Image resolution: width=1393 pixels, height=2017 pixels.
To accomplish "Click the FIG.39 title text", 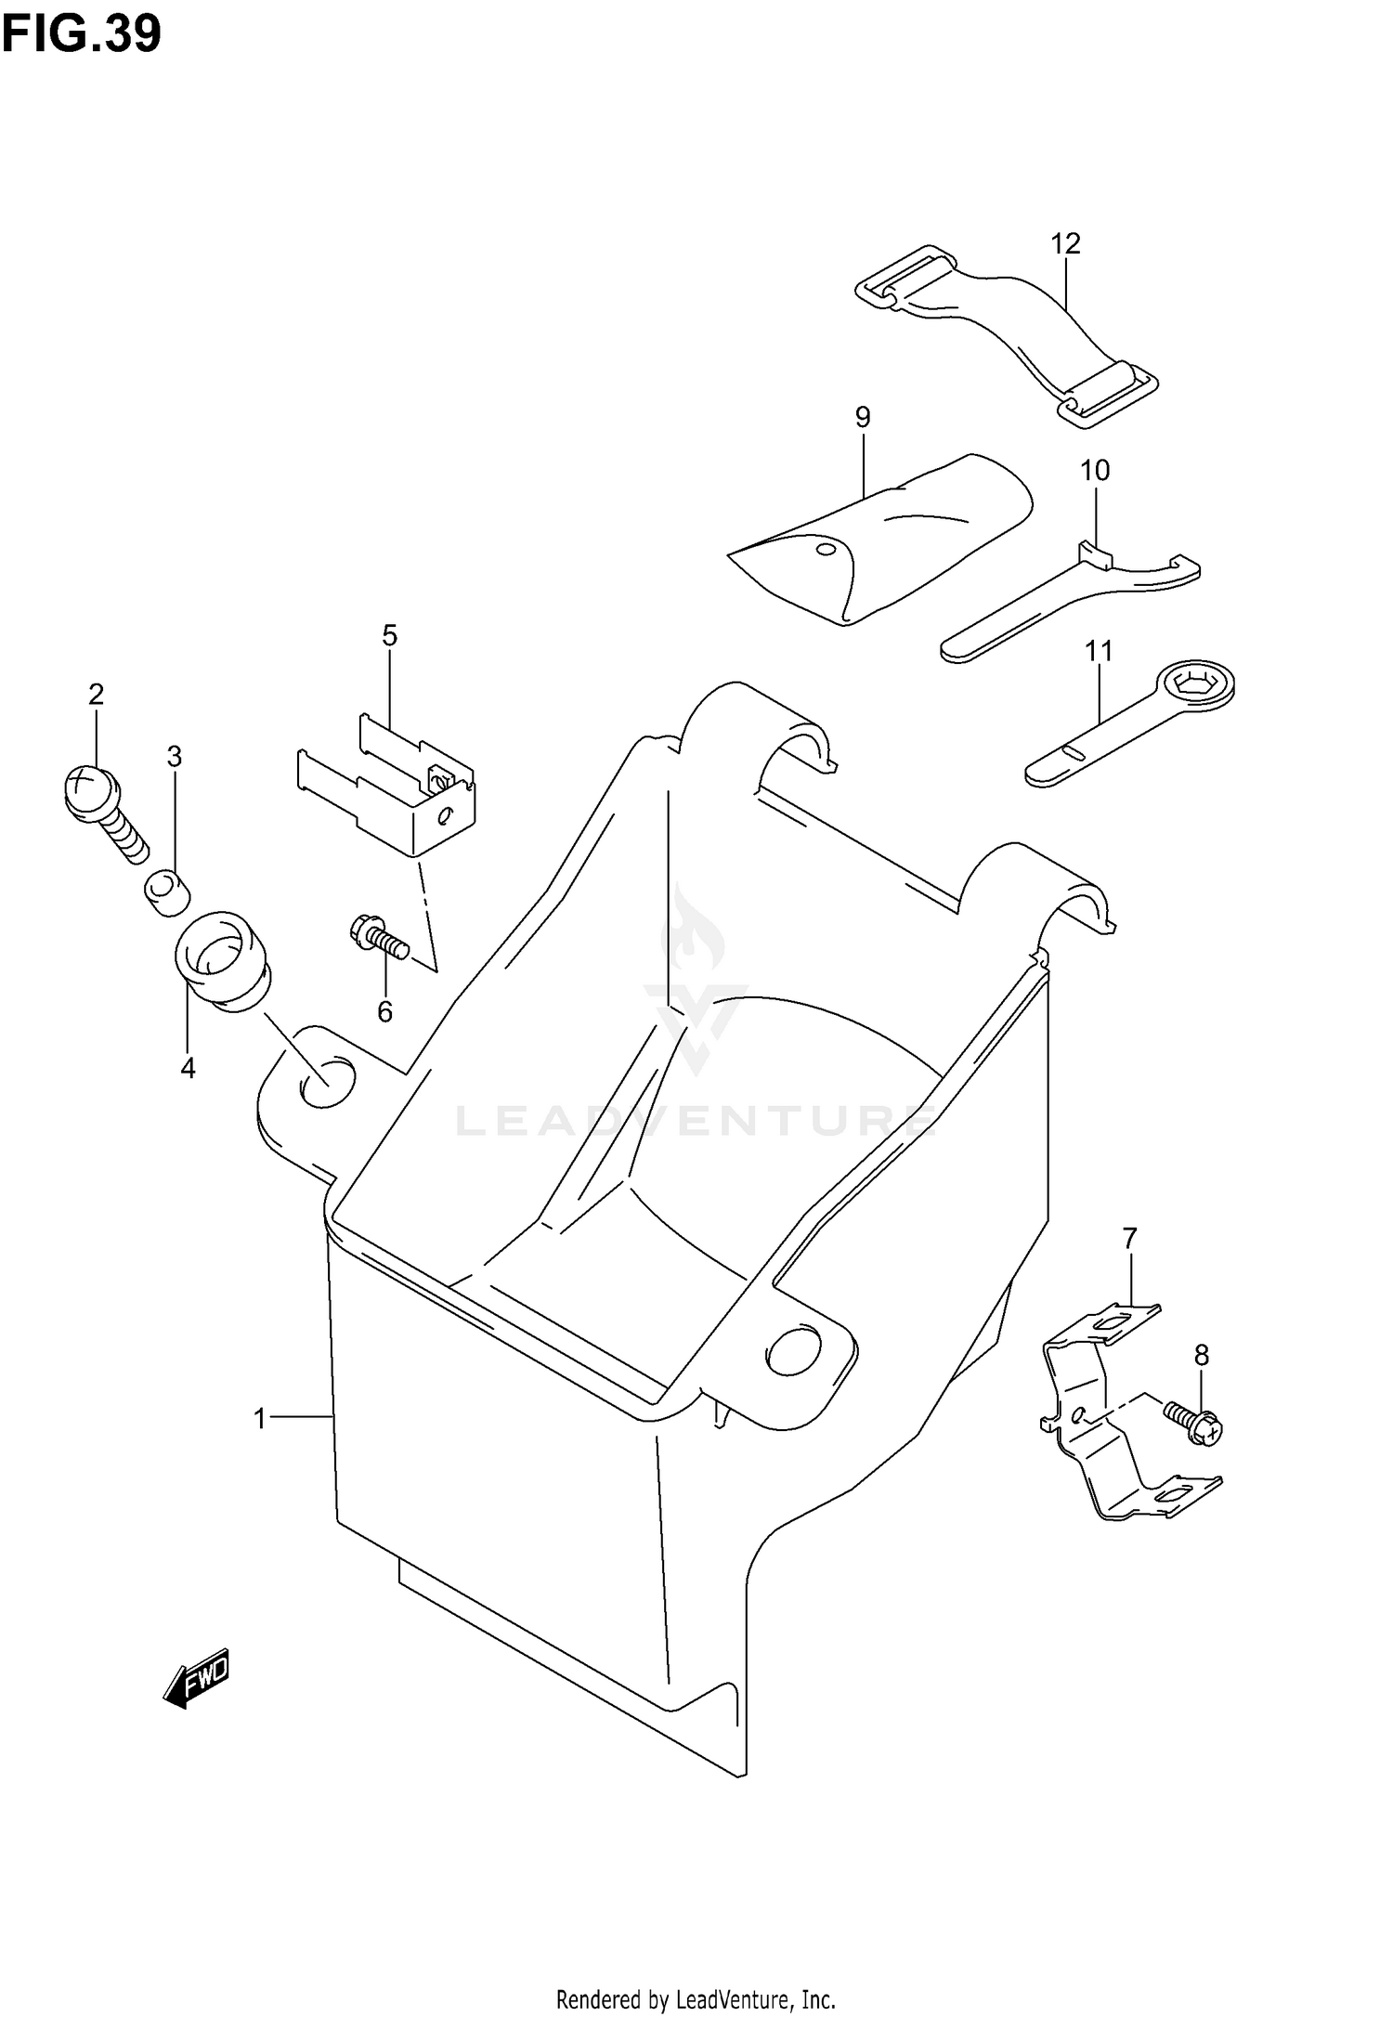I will (82, 34).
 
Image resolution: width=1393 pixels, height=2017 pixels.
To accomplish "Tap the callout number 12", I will (1065, 244).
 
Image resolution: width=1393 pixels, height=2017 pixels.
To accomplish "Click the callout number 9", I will (863, 417).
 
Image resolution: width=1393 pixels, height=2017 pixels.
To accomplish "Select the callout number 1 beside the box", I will (260, 1419).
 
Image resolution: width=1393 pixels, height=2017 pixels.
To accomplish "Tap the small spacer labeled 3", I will (167, 891).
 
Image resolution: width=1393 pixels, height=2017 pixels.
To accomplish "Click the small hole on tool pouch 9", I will (824, 549).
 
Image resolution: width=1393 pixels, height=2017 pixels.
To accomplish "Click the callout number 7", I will (1129, 1239).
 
